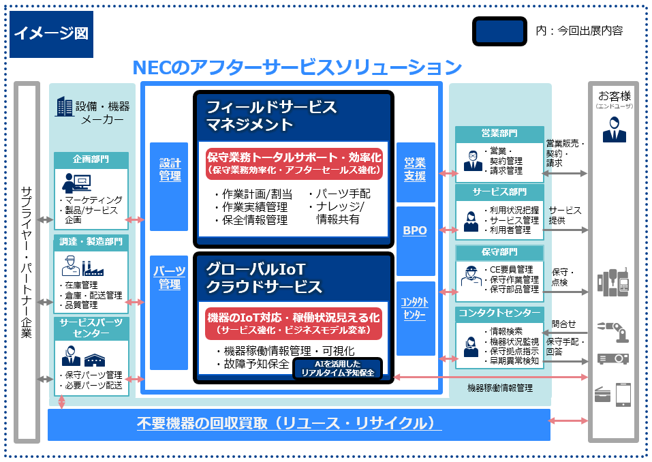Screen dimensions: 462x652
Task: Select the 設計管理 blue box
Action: click(169, 186)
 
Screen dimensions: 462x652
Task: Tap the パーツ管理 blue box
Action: click(169, 313)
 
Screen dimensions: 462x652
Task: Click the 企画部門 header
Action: click(91, 159)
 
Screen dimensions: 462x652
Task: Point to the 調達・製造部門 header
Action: click(91, 241)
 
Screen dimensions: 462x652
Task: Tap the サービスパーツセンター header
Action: click(91, 327)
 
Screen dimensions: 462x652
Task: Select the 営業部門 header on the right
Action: click(499, 133)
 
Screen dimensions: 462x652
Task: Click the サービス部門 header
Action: click(499, 192)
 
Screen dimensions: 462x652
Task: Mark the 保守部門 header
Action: click(499, 253)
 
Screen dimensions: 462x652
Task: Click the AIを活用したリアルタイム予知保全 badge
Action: click(337, 368)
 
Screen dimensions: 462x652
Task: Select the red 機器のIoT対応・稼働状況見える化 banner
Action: click(294, 323)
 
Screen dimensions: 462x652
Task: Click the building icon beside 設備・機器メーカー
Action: click(65, 106)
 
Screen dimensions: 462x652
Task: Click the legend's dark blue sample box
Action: click(499, 31)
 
